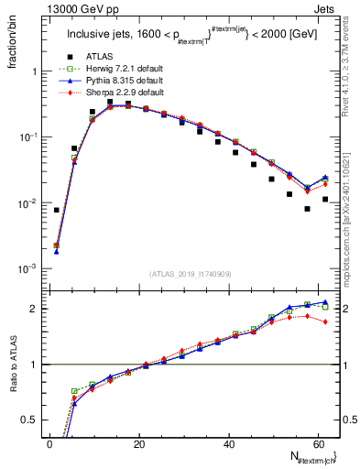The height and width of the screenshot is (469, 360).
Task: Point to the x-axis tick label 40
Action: (x=227, y=444)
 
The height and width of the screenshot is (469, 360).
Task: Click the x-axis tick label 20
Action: (x=138, y=444)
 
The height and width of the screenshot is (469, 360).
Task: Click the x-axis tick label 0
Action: (x=49, y=444)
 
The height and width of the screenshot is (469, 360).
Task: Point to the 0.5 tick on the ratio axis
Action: (x=30, y=420)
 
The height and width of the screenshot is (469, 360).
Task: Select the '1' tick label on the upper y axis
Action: (x=34, y=71)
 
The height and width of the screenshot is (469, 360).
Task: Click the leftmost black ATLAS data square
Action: (x=57, y=210)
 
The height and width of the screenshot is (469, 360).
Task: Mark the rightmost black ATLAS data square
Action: (x=325, y=199)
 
